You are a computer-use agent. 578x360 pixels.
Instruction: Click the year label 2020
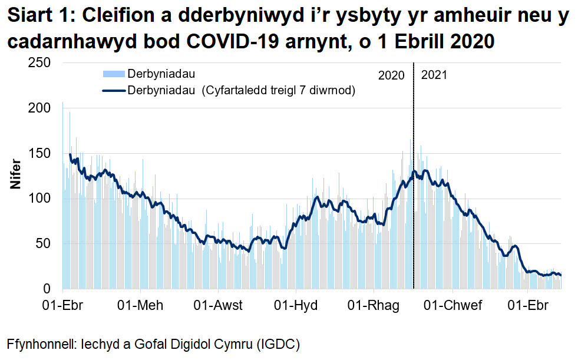[x=391, y=75]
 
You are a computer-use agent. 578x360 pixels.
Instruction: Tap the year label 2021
[x=434, y=75]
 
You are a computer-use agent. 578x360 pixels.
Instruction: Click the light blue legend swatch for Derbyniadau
[x=114, y=74]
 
